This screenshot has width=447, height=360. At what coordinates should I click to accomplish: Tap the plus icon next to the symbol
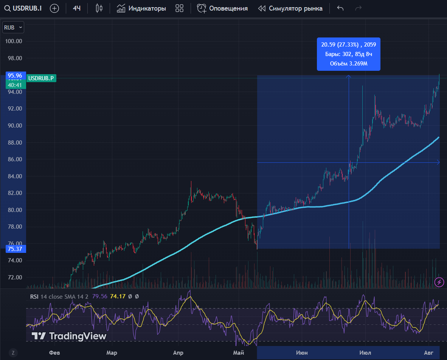[x=54, y=8]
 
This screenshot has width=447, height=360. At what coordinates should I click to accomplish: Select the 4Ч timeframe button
[x=77, y=8]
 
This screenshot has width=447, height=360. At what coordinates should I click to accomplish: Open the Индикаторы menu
[x=141, y=8]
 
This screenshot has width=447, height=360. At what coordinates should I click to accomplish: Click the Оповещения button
[x=222, y=8]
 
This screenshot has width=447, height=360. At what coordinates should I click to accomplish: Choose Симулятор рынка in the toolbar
[x=290, y=8]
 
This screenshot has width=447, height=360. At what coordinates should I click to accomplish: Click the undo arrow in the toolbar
[x=340, y=8]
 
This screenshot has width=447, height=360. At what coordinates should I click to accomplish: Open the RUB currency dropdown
[x=13, y=27]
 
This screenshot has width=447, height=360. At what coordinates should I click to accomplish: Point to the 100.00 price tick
[x=13, y=41]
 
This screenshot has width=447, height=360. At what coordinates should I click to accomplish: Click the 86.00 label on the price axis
[x=13, y=159]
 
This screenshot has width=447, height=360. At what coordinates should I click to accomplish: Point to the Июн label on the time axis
[x=302, y=353]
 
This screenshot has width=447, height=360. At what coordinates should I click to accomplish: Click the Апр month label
[x=178, y=353]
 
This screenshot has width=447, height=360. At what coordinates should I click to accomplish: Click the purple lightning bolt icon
[x=439, y=282]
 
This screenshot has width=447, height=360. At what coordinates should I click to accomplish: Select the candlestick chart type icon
[x=99, y=8]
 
